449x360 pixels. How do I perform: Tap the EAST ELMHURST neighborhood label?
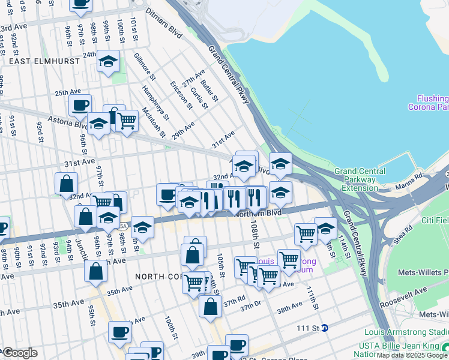[x=32, y=61]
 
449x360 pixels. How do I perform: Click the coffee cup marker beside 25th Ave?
[x=80, y=106]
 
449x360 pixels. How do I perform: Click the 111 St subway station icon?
[x=324, y=328]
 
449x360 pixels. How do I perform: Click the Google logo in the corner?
[x=20, y=353]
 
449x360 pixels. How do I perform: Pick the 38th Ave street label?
[x=289, y=307]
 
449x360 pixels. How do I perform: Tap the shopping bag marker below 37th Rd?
[x=211, y=307]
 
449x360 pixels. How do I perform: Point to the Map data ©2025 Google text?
[x=412, y=355]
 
